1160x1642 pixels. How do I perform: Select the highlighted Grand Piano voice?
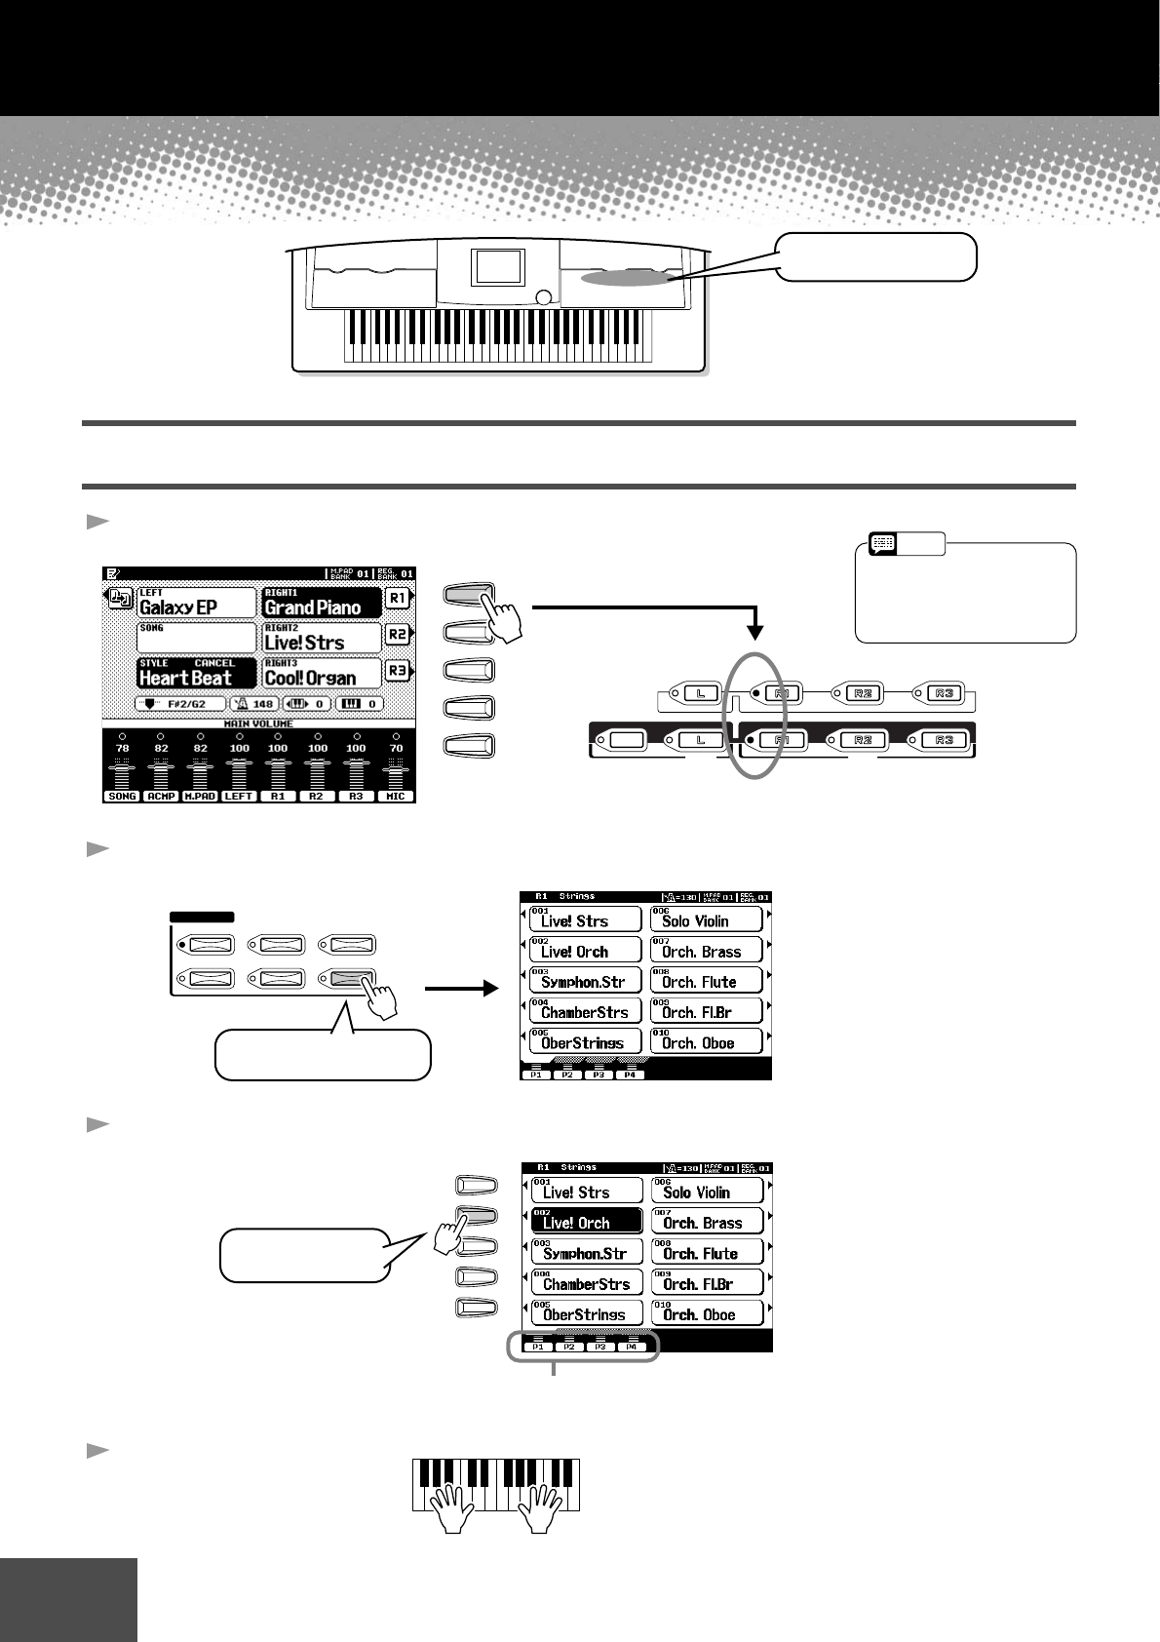(313, 607)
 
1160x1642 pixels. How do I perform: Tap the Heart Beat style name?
(186, 678)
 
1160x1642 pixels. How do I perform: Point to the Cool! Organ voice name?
(311, 678)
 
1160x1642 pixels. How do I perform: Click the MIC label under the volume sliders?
(395, 797)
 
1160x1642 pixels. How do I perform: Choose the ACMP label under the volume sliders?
(161, 797)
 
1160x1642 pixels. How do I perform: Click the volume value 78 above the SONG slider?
(122, 748)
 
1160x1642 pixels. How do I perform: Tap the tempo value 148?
(263, 703)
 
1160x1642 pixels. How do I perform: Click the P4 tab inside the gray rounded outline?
(631, 1346)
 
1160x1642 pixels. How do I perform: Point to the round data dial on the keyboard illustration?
(544, 299)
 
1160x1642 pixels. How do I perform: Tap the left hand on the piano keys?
(451, 1507)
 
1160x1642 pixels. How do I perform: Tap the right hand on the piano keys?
(539, 1507)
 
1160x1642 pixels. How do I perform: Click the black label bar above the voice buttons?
(202, 917)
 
